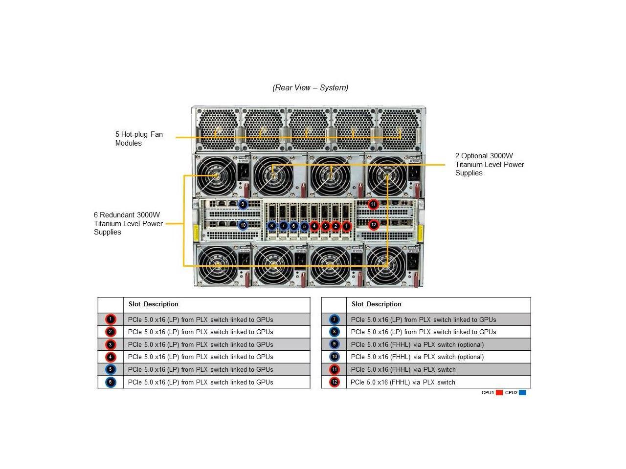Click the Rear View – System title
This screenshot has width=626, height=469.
(x=310, y=88)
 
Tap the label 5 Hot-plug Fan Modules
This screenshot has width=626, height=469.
(x=139, y=139)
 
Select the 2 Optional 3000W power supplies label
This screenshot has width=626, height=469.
(x=490, y=165)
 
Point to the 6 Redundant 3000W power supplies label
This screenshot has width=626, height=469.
(x=128, y=223)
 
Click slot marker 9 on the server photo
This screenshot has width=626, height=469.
(x=243, y=204)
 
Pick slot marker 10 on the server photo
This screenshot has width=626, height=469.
(x=243, y=225)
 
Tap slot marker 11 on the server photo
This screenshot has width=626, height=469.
(x=373, y=204)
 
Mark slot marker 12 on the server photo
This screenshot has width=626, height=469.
(x=374, y=225)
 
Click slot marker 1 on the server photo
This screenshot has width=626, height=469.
(x=346, y=226)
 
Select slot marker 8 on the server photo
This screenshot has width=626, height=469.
(x=272, y=226)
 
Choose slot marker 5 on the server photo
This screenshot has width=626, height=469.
(x=304, y=226)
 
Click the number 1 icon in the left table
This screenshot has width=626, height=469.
(x=111, y=320)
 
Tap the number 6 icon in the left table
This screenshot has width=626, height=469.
(x=111, y=382)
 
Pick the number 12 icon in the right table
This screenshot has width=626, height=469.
(x=335, y=382)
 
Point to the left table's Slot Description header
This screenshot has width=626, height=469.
(x=154, y=304)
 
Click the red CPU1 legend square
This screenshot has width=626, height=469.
(x=499, y=392)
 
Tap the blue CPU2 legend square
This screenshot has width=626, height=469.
(x=522, y=392)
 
